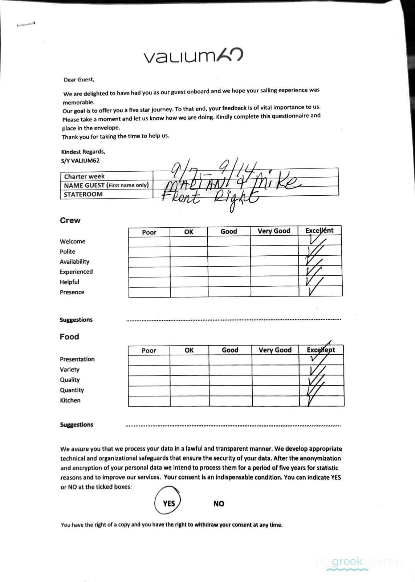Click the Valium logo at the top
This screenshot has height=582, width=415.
pyautogui.click(x=193, y=56)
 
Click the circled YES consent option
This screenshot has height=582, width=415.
pyautogui.click(x=168, y=503)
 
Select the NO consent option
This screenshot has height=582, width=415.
pyautogui.click(x=219, y=504)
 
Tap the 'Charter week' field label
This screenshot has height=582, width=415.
pyautogui.click(x=84, y=176)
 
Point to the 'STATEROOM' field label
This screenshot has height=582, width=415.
pyautogui.click(x=83, y=194)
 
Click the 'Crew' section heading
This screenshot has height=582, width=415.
pyautogui.click(x=70, y=220)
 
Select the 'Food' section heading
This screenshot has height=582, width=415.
pyautogui.click(x=69, y=337)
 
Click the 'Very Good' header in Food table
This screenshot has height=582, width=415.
pyautogui.click(x=275, y=350)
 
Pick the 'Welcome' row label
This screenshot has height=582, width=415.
pyautogui.click(x=73, y=242)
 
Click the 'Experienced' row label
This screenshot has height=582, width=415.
pyautogui.click(x=76, y=272)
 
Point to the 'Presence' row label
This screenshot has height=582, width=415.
pyautogui.click(x=72, y=292)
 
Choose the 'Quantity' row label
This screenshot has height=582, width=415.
pyautogui.click(x=72, y=390)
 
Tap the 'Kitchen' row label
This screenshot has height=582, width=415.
pyautogui.click(x=70, y=400)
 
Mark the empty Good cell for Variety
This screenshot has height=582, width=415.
pyautogui.click(x=230, y=370)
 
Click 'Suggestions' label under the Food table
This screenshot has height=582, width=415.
pyautogui.click(x=77, y=424)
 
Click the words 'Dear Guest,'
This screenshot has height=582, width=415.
pyautogui.click(x=79, y=80)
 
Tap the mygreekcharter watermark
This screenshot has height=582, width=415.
pyautogui.click(x=359, y=562)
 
